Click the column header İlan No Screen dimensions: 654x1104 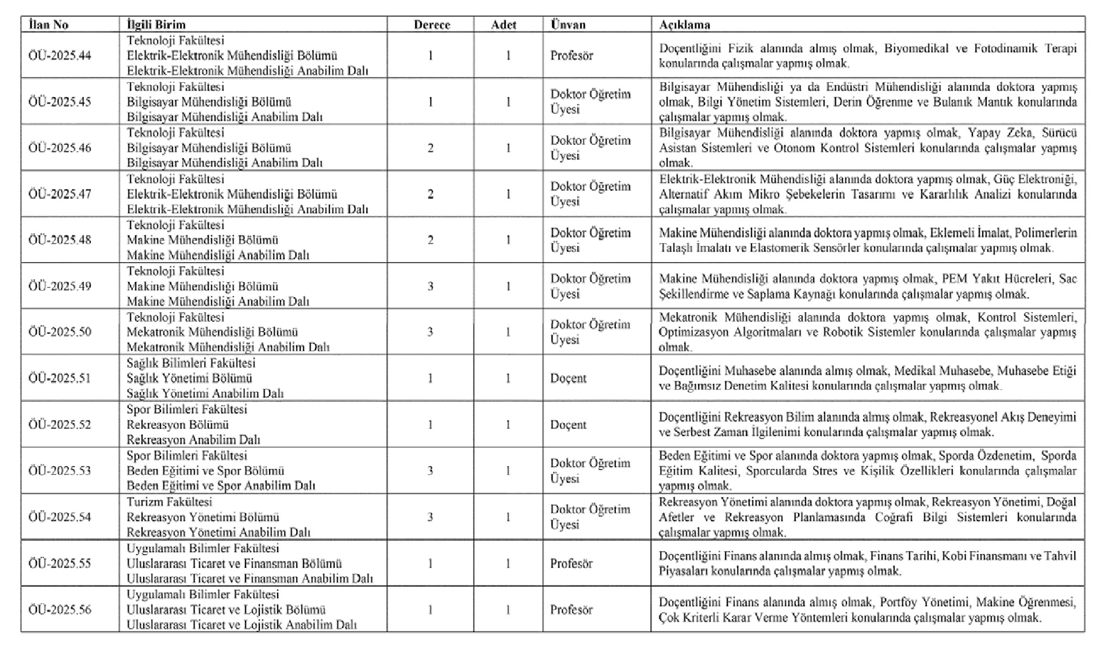tap(48, 25)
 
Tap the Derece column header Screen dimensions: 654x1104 tap(432, 25)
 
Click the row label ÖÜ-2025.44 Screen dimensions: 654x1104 tap(60, 56)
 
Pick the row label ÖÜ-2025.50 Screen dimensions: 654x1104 tap(60, 332)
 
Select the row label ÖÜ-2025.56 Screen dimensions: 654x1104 tap(60, 610)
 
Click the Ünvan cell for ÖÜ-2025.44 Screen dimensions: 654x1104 tap(572, 56)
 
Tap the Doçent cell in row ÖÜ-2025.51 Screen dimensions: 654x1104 tap(568, 378)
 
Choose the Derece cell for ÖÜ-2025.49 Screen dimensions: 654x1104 tap(431, 286)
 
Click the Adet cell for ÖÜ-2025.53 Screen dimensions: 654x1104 tap(508, 471)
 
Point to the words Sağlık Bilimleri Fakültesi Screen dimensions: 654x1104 tap(191, 363)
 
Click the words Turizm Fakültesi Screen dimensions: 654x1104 tap(169, 502)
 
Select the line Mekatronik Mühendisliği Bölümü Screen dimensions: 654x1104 tap(212, 332)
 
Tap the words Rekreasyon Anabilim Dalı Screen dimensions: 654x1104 tap(193, 440)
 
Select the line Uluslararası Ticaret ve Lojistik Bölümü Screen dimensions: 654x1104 tap(226, 610)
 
